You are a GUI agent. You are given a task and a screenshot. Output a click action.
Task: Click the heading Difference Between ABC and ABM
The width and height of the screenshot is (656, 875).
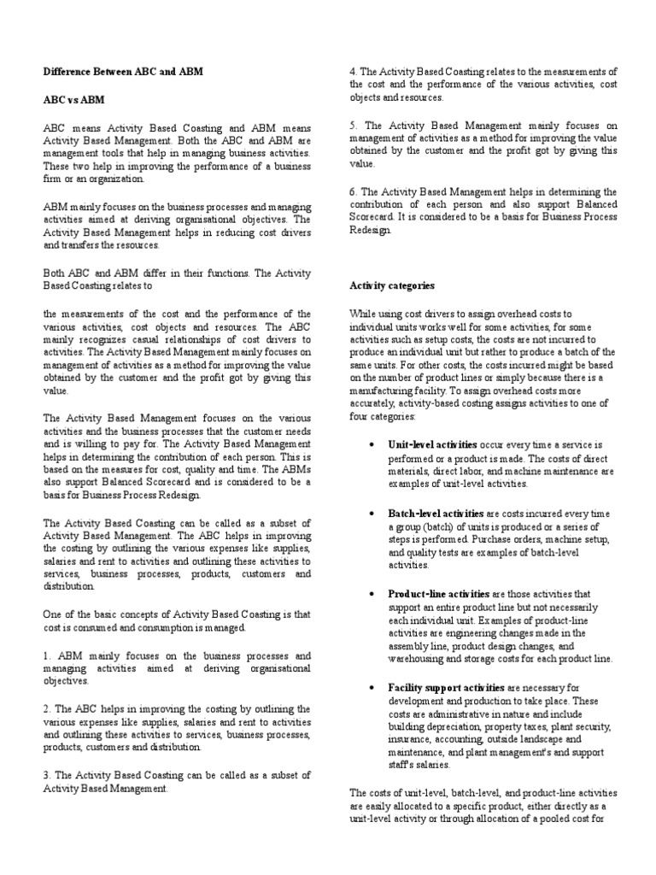123,72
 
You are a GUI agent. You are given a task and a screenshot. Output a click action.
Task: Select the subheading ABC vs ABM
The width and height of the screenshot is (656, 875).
73,99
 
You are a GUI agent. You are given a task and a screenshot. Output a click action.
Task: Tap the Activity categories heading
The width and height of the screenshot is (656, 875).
392,285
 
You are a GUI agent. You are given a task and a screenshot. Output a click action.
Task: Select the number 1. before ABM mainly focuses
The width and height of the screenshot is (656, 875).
46,655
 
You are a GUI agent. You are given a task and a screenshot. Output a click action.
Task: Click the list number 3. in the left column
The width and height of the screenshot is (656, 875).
46,775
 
